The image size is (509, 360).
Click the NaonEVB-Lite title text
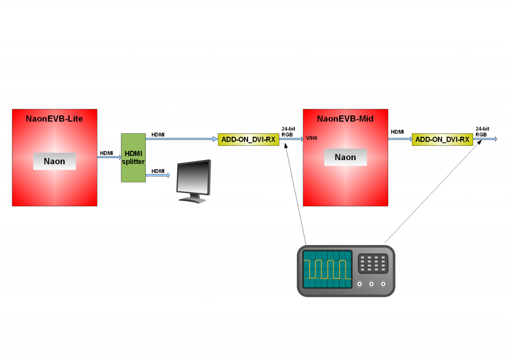pos(55,119)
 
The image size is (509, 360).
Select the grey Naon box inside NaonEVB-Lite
pos(55,161)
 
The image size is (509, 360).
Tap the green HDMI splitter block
pos(133,158)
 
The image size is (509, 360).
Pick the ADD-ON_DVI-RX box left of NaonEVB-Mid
pos(248,140)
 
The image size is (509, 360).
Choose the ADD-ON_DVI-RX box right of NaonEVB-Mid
pos(442,140)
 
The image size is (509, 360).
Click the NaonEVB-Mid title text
pos(345,119)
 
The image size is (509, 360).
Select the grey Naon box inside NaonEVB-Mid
pos(345,157)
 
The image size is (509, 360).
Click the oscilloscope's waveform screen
pos(327,269)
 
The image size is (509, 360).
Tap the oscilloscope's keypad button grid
pos(372,263)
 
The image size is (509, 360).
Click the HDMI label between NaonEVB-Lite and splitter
pos(106,153)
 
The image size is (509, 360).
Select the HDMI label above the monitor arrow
pos(158,171)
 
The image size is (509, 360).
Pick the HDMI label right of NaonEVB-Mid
pos(397,132)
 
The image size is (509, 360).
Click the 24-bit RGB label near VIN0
pos(288,131)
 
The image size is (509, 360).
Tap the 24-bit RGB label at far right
pos(482,131)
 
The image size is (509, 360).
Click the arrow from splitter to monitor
pos(158,176)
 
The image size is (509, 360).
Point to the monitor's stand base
pos(193,200)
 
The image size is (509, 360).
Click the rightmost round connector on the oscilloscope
pos(383,284)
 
